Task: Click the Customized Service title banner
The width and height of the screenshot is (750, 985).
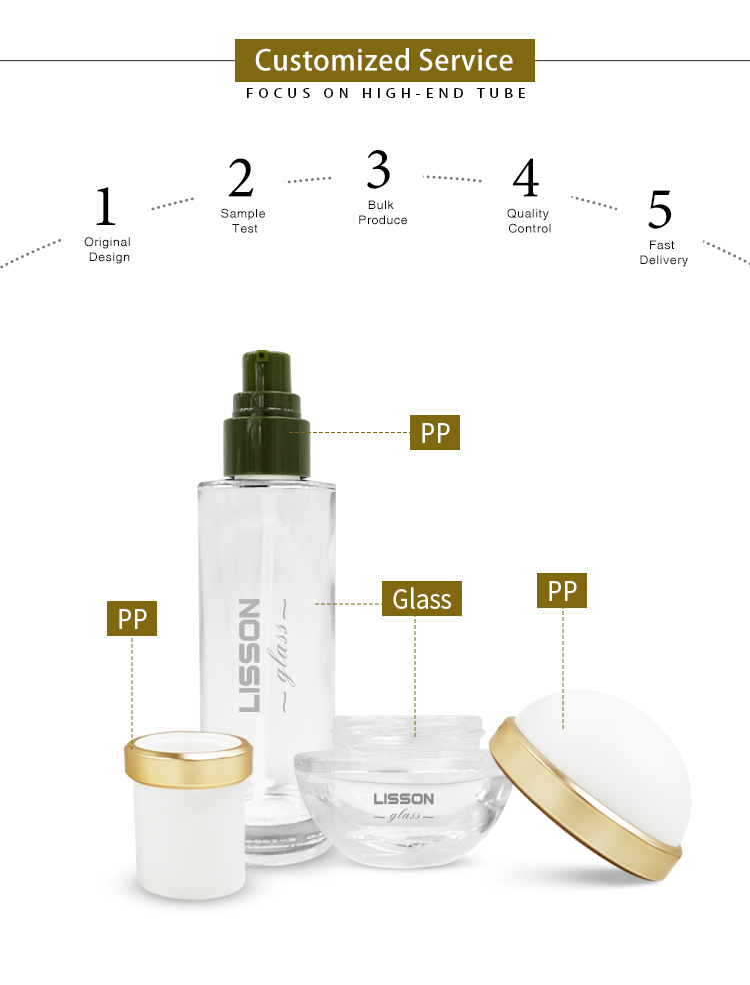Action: coord(384,60)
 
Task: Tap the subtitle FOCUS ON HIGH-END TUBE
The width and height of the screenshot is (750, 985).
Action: coord(386,93)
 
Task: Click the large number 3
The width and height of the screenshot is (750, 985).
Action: coord(378,170)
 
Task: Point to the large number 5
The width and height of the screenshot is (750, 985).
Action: coord(660,208)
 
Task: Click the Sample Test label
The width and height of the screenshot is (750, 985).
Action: coord(243,221)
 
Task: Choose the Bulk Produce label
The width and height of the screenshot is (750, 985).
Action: coord(382,212)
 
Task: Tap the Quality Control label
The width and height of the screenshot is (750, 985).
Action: coord(529,221)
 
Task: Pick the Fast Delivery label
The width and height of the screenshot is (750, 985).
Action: coord(664,252)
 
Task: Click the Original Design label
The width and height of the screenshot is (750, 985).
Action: coord(108,249)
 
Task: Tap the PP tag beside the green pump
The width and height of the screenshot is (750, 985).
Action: coord(435,433)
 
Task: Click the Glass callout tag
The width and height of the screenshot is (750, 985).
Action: coord(422,599)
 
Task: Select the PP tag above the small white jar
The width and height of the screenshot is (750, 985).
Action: coord(132,619)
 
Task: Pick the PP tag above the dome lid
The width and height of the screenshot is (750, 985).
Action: coord(562,591)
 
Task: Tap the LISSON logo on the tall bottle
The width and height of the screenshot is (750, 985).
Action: coord(250,654)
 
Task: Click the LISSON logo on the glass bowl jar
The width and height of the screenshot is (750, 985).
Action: coord(403,798)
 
